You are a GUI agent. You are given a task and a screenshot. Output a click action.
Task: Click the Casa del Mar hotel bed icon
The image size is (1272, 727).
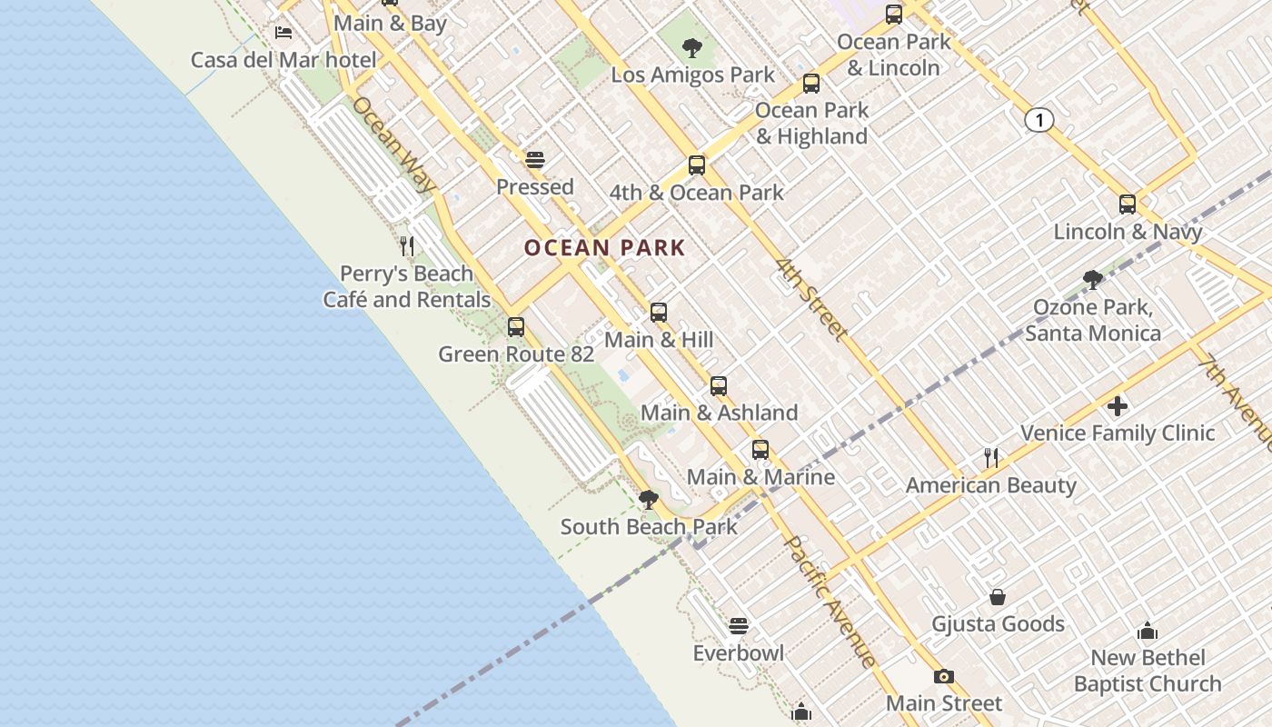[283, 33]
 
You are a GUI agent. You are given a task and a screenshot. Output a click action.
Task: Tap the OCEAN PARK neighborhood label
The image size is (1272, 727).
[604, 247]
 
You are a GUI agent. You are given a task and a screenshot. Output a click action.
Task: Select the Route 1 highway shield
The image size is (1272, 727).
[1039, 119]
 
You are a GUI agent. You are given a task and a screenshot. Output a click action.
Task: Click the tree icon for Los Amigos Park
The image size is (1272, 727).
[692, 47]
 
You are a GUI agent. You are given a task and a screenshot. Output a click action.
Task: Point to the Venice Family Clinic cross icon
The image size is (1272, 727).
[1118, 405]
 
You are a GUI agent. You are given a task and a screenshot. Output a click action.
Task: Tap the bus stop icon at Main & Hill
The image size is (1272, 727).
[659, 313]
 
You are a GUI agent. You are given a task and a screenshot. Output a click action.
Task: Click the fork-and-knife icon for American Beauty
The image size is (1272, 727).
[991, 457]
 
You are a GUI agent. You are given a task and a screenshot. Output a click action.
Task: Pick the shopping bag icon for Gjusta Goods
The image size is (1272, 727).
[998, 597]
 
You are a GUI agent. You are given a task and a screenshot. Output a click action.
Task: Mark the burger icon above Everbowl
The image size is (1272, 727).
[739, 626]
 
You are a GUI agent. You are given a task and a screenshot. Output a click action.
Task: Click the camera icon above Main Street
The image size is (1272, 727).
[944, 676]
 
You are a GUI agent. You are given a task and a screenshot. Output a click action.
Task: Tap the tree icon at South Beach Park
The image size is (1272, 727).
[649, 499]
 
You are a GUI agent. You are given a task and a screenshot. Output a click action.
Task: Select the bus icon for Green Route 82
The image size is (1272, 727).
[516, 326]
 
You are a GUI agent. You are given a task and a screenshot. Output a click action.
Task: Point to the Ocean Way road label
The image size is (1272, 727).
[394, 144]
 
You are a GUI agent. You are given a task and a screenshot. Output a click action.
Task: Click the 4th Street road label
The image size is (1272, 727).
[811, 299]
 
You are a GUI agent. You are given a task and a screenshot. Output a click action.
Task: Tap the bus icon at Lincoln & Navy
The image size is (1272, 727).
[1128, 204]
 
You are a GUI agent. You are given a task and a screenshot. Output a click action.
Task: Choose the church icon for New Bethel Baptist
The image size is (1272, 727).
[1148, 631]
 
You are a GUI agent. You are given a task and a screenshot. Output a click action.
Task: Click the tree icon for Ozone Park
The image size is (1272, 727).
[1093, 280]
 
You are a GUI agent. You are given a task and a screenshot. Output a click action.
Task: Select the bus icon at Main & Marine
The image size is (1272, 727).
[760, 450]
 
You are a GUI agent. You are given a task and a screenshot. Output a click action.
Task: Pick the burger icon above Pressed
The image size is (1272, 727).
[535, 160]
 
